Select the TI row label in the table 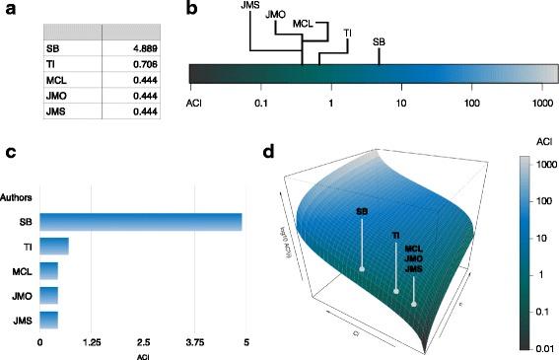(x=52, y=63)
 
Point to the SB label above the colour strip (x=379, y=43)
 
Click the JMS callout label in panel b (x=251, y=8)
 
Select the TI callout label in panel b (x=347, y=32)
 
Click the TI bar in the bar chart (x=54, y=245)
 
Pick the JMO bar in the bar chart (x=48, y=294)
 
